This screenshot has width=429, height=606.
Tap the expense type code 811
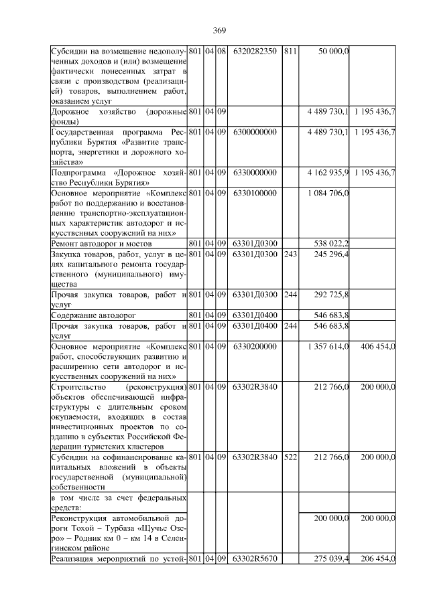pos(290,52)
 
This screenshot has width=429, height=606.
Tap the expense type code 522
pos(290,457)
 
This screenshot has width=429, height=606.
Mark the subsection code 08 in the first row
pos(221,52)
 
